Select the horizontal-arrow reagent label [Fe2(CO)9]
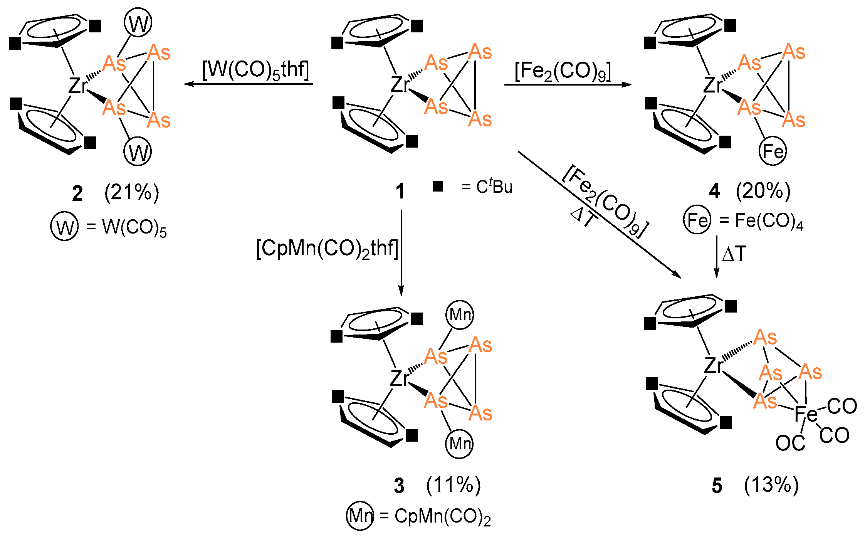563,72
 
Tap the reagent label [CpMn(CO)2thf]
327,249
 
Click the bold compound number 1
400,192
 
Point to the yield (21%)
131,192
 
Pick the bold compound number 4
714,191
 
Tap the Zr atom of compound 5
713,365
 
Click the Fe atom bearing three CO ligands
806,414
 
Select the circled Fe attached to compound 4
773,151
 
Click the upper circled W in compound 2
138,23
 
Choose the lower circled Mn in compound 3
459,444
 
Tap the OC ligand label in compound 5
790,443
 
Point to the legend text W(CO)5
134,228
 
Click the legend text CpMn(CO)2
442,516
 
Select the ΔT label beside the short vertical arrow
734,254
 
